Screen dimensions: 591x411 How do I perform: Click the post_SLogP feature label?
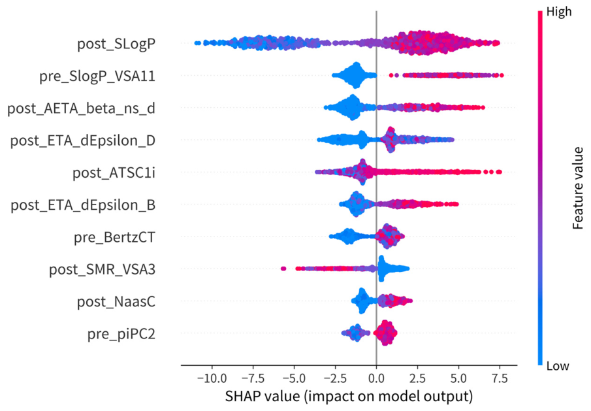pyautogui.click(x=116, y=44)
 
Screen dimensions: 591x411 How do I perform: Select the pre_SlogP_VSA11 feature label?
pyautogui.click(x=97, y=76)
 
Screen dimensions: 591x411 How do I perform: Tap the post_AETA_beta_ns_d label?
pyautogui.click(x=82, y=108)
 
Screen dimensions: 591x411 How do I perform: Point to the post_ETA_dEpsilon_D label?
pyautogui.click(x=82, y=140)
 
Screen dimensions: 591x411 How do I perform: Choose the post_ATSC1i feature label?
pyautogui.click(x=114, y=173)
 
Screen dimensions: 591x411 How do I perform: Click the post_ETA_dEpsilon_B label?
pyautogui.click(x=83, y=205)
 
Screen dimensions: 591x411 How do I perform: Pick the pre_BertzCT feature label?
pyautogui.click(x=114, y=238)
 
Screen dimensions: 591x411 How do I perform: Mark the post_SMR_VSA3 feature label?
pyautogui.click(x=102, y=270)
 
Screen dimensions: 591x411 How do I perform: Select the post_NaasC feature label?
pyautogui.click(x=116, y=302)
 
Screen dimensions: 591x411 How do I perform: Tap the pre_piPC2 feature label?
pyautogui.click(x=121, y=334)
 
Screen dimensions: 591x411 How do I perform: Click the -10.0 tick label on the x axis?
pyautogui.click(x=211, y=378)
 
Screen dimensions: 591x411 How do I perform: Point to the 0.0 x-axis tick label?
pyautogui.click(x=376, y=378)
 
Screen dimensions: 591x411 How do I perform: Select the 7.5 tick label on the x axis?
pyautogui.click(x=500, y=378)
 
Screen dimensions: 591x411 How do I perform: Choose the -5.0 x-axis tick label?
pyautogui.click(x=294, y=378)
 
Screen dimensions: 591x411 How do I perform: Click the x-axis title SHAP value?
pyautogui.click(x=349, y=397)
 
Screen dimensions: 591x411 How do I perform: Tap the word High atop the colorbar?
pyautogui.click(x=559, y=12)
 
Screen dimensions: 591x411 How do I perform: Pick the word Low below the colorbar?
pyautogui.click(x=558, y=366)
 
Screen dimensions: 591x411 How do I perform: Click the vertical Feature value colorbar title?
pyautogui.click(x=578, y=188)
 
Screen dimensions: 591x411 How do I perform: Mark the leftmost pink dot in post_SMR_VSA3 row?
pyautogui.click(x=283, y=269)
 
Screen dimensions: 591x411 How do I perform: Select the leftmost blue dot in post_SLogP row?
pyautogui.click(x=197, y=43)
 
